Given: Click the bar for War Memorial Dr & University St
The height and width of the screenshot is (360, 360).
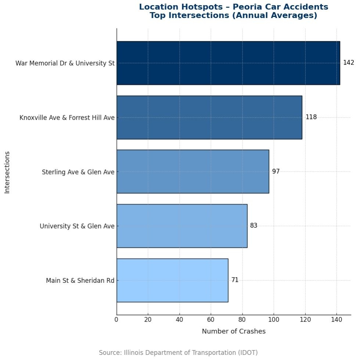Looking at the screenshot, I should click(x=228, y=63).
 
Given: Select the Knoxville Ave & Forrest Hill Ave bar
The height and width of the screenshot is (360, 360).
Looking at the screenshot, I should click(x=209, y=117).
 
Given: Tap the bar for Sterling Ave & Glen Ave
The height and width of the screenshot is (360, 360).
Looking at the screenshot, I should click(x=192, y=171).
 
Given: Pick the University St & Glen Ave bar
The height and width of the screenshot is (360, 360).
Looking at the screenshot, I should click(x=181, y=226).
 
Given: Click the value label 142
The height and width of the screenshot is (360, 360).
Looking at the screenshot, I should click(x=348, y=63).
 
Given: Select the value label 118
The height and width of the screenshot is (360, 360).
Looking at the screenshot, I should click(x=311, y=117).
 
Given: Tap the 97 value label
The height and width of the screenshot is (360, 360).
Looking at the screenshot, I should click(x=276, y=172).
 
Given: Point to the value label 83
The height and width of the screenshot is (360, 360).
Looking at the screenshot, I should click(x=253, y=226).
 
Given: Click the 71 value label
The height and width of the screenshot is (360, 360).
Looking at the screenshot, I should click(x=235, y=280).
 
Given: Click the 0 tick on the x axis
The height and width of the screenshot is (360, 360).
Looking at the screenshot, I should click(x=116, y=320).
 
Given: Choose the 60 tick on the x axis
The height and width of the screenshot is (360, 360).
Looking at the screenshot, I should click(x=211, y=320).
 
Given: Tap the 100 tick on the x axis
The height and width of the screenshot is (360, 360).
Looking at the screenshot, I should click(x=274, y=320).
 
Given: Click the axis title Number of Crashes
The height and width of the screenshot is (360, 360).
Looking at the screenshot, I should click(x=234, y=331).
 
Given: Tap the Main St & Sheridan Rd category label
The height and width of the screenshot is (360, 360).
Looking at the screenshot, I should click(x=80, y=280).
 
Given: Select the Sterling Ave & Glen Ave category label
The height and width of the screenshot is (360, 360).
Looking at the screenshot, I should click(x=78, y=172).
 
